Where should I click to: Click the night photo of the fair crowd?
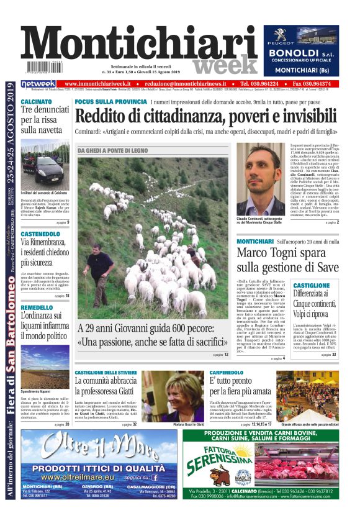click(x=308, y=396)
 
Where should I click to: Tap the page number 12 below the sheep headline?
click(x=225, y=354)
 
